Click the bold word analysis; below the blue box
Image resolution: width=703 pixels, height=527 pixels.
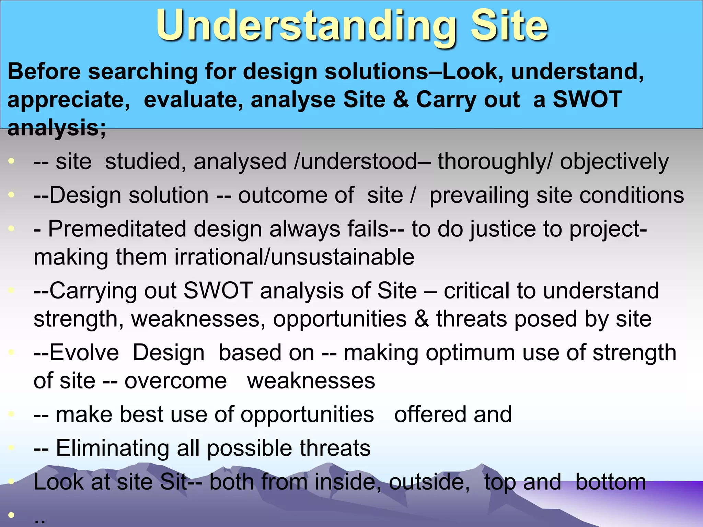(x=57, y=128)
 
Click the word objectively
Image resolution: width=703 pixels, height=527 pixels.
(x=614, y=162)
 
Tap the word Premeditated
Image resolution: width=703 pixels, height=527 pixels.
(x=117, y=229)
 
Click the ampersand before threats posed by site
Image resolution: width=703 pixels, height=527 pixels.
(x=421, y=319)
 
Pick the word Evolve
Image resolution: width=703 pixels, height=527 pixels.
(x=84, y=353)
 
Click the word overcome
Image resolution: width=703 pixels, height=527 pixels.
(x=175, y=381)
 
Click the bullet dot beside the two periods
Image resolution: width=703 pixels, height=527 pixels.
(x=11, y=515)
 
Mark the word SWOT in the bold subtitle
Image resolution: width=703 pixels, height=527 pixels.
(x=587, y=99)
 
